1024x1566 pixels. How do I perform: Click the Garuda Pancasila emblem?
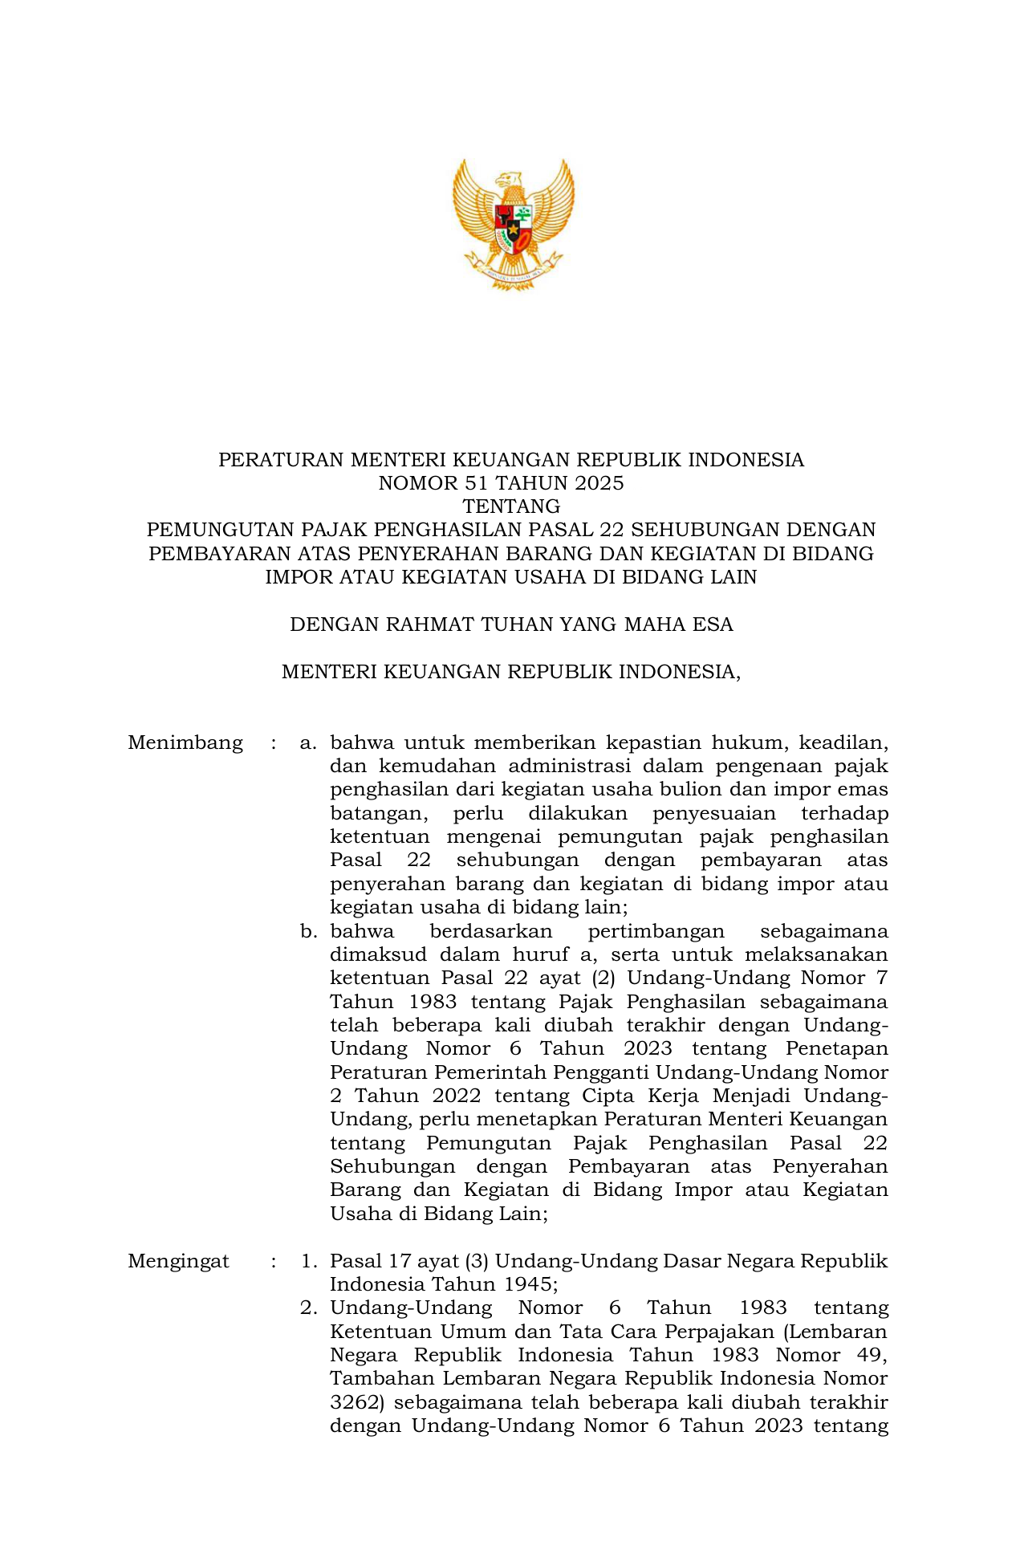[x=513, y=224]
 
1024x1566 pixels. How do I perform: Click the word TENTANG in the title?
[x=511, y=506]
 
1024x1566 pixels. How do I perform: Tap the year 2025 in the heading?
[x=597, y=483]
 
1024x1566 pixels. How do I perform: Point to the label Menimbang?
[x=185, y=742]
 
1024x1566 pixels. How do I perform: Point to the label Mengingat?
[x=178, y=1261]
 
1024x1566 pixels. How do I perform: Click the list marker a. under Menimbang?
[x=308, y=742]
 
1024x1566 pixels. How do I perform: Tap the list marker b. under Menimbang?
[x=308, y=931]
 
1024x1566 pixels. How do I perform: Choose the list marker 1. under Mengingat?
[x=309, y=1261]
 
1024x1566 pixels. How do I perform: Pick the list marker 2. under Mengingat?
[x=309, y=1308]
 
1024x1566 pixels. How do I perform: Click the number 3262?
[x=357, y=1402]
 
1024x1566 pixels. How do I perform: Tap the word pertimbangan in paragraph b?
[x=656, y=931]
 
